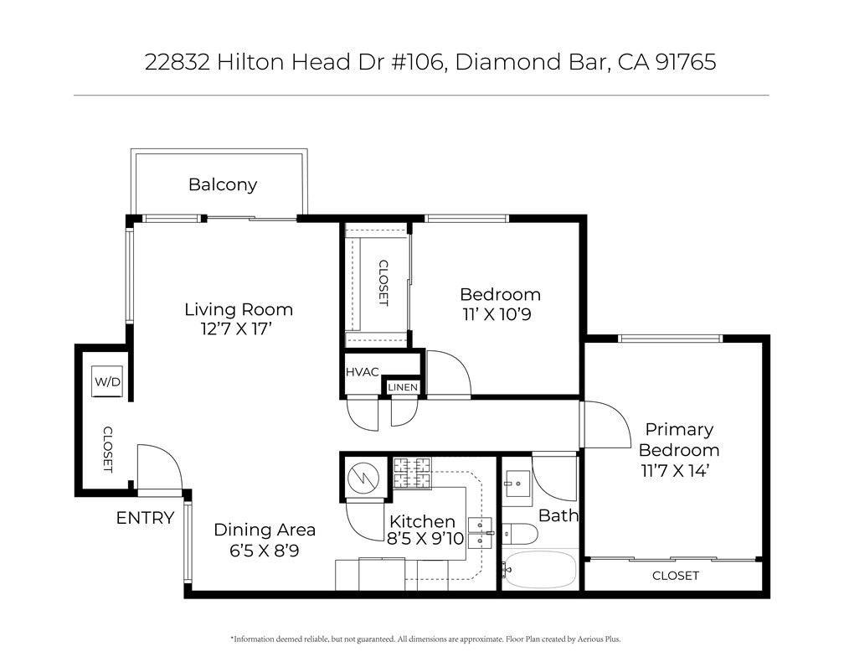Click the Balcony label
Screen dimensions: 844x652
click(x=223, y=185)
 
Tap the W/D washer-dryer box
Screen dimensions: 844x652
click(x=107, y=381)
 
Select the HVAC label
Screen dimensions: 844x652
click(x=362, y=372)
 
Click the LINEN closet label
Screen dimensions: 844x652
click(x=403, y=387)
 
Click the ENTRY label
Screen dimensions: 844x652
click(x=146, y=518)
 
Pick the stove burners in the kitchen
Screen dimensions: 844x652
click(x=412, y=473)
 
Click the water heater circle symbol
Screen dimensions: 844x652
click(x=363, y=478)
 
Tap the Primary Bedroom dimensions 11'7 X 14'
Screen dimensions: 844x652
click(x=675, y=470)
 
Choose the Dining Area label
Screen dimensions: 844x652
click(x=265, y=530)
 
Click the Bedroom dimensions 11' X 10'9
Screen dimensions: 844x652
click(x=497, y=314)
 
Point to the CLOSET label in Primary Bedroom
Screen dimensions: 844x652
click(x=676, y=576)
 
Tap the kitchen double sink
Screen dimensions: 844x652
click(x=480, y=533)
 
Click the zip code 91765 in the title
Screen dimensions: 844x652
click(x=687, y=61)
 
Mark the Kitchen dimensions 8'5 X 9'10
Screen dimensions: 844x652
click(x=425, y=538)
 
